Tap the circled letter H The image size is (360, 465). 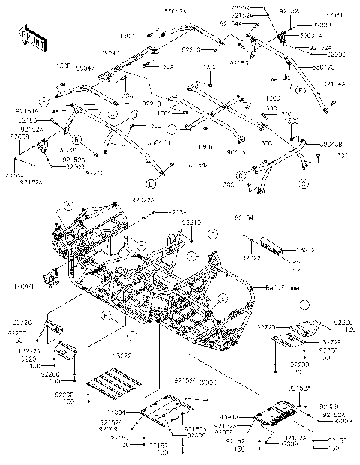pyautogui.click(x=297, y=265)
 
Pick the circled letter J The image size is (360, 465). pyautogui.click(x=136, y=114)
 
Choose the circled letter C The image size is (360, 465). pyautogui.click(x=241, y=175)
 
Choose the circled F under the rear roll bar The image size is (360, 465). pyautogui.click(x=301, y=90)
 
